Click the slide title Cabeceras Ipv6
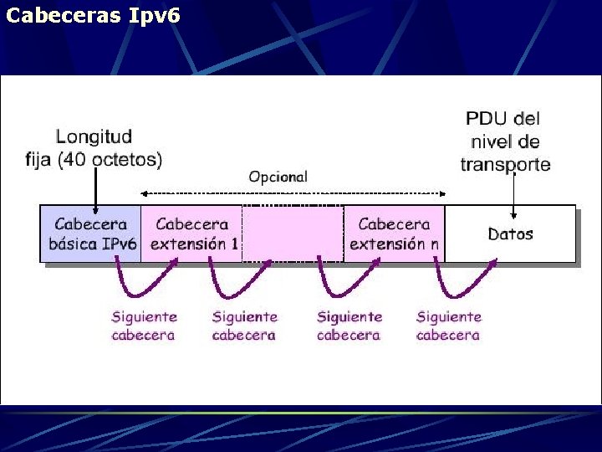[x=93, y=15]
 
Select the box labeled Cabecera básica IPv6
[x=91, y=234]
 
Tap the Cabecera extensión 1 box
[x=192, y=234]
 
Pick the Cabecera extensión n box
[x=394, y=234]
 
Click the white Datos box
[x=510, y=234]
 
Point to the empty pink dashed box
[x=293, y=234]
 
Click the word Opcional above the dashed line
[x=278, y=177]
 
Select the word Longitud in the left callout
[x=94, y=136]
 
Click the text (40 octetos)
[x=111, y=159]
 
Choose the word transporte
[x=505, y=164]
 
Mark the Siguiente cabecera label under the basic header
[x=144, y=326]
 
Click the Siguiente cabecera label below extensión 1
[x=244, y=326]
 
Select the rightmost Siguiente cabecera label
[x=448, y=326]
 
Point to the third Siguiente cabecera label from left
[x=349, y=326]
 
